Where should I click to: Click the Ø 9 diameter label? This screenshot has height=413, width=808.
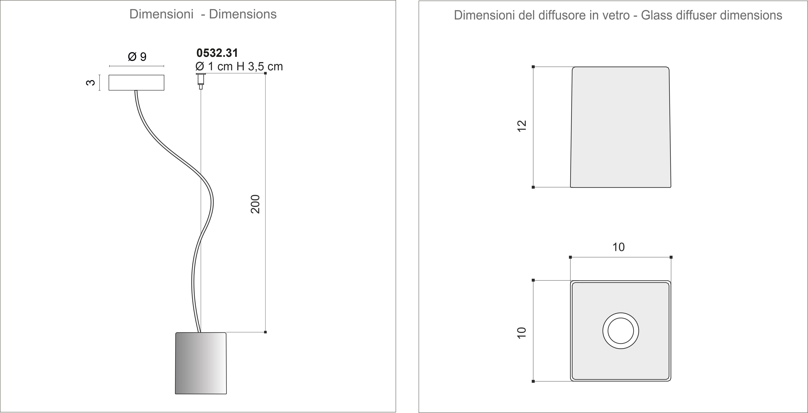(137, 57)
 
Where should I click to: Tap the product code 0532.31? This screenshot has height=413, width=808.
(217, 53)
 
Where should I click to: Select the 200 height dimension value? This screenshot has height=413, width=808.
(256, 204)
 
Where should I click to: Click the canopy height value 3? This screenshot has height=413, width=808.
(90, 83)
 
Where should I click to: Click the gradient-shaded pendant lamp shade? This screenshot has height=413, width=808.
(201, 363)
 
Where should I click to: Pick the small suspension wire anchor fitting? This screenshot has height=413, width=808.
(201, 81)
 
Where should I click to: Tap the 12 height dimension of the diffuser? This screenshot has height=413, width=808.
(522, 126)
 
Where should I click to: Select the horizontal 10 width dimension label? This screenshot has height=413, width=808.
(619, 247)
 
